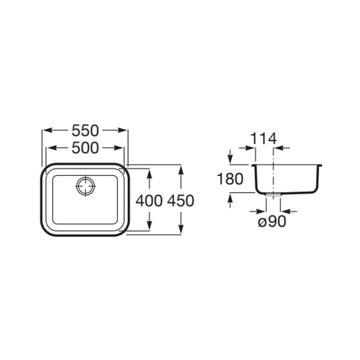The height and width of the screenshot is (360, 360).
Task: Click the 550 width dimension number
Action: pos(85,130)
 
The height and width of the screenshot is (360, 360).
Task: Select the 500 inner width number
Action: pos(85,148)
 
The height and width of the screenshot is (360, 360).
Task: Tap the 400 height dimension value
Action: pos(149,201)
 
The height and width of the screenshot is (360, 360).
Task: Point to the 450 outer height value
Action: pos(181,201)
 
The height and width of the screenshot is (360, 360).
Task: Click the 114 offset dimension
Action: pos(263,139)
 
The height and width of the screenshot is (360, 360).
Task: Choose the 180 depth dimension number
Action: pos(230,179)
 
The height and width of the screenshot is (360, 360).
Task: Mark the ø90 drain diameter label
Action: pos(272,221)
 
